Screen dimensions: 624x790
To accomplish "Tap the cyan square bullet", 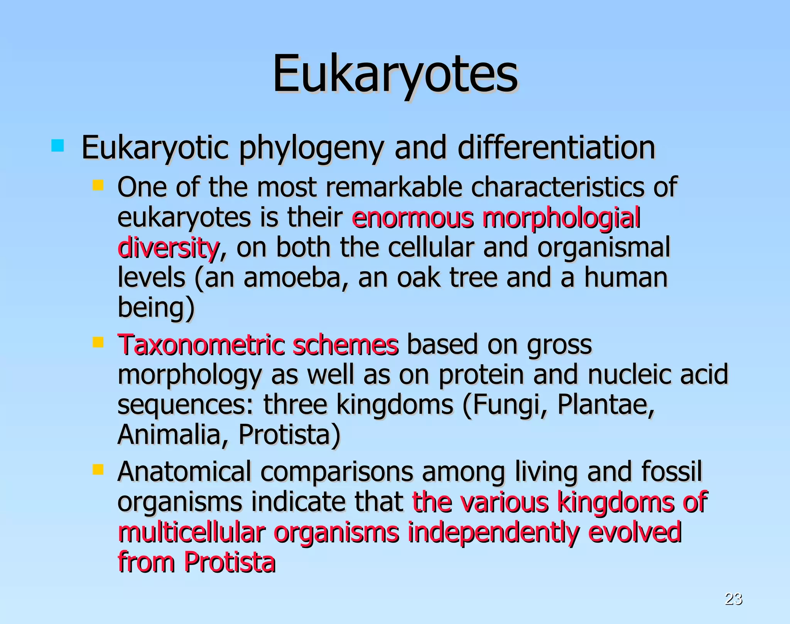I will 57,146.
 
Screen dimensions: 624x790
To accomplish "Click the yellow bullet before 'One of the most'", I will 98,186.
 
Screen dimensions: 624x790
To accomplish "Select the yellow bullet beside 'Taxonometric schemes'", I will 98,342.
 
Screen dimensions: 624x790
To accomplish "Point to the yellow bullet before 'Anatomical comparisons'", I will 98,469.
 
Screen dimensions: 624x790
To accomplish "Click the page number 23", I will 733,599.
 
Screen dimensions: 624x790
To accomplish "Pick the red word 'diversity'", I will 169,248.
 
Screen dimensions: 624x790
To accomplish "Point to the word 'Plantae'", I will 606,404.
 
